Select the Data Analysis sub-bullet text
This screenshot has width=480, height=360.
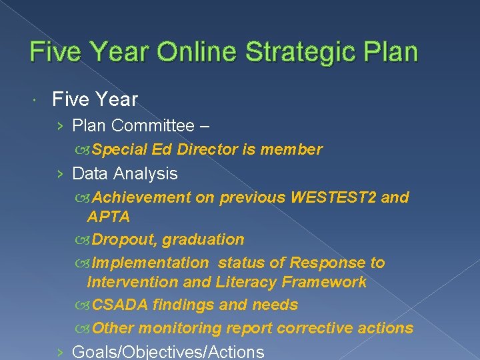125,173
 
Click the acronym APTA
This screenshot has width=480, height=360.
109,216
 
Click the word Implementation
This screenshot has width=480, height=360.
150,263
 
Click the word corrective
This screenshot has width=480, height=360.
318,328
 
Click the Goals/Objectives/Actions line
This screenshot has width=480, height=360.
167,351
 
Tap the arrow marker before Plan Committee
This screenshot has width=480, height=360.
60,126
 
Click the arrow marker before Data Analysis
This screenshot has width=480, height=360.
60,174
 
